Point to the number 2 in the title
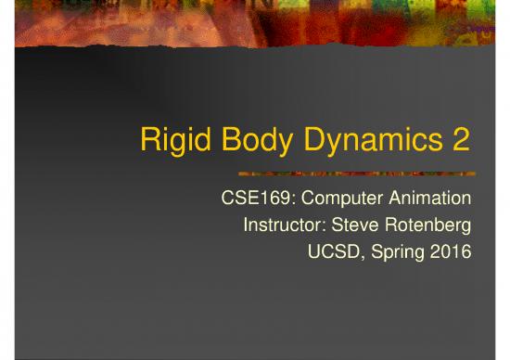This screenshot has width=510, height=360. pos(461,142)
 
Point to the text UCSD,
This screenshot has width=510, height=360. pos(331,251)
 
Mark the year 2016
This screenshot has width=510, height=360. pos(453,251)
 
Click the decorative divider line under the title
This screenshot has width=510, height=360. pos(357,174)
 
